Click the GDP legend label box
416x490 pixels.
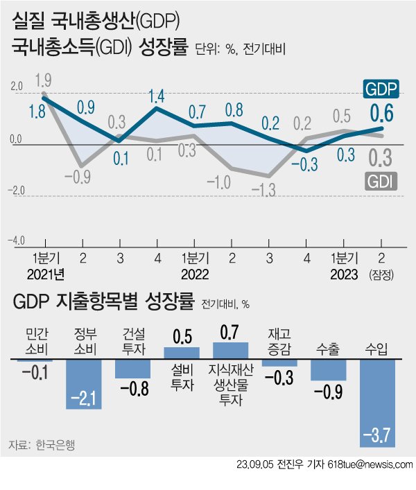point(382,89)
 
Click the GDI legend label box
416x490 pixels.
point(382,182)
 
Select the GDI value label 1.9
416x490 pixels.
point(44,80)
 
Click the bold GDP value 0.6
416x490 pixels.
point(382,112)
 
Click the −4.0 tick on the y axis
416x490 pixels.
point(15,240)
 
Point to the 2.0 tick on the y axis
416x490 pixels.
point(16,87)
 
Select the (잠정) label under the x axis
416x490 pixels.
point(382,274)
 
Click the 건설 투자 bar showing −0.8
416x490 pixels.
point(132,369)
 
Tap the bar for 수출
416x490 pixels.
point(329,369)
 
